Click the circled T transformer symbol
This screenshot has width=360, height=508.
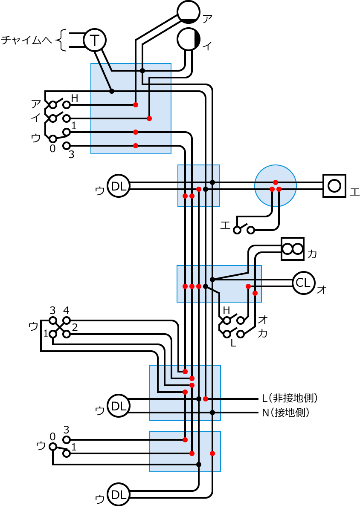[x=95, y=40]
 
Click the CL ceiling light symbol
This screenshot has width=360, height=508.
[x=304, y=283]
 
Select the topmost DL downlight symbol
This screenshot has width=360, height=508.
[x=119, y=186]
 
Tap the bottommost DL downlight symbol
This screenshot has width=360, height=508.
[x=119, y=494]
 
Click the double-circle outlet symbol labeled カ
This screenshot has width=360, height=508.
[x=293, y=249]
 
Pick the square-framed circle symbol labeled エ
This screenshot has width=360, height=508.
[x=334, y=186]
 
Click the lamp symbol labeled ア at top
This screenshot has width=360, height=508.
[x=189, y=12]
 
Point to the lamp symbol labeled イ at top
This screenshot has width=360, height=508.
[x=189, y=39]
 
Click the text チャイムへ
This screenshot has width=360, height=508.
[x=26, y=40]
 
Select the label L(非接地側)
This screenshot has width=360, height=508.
[x=290, y=398]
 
